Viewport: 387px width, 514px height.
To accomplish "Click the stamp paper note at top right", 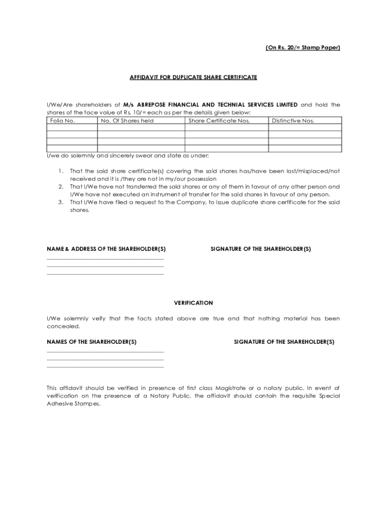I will point(303,48).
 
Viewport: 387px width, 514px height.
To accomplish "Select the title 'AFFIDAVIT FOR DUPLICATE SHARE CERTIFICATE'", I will point(193,77).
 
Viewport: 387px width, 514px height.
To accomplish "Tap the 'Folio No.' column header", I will point(62,120).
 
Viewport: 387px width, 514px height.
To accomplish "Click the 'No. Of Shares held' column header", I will point(127,120).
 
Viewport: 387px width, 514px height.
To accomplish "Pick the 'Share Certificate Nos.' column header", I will point(219,120).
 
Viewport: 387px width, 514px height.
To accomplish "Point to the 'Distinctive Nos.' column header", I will point(293,120).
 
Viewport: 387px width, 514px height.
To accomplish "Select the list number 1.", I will point(60,171).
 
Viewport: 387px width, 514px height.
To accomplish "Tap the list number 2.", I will point(60,187).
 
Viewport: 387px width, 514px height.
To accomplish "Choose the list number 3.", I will point(60,202).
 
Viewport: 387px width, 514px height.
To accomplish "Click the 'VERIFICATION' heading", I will point(193,303).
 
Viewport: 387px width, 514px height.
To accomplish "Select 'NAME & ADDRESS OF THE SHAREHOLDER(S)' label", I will point(106,249).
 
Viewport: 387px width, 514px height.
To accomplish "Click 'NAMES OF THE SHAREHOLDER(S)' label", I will point(91,342).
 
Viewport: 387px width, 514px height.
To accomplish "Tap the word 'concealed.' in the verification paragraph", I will point(63,326).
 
